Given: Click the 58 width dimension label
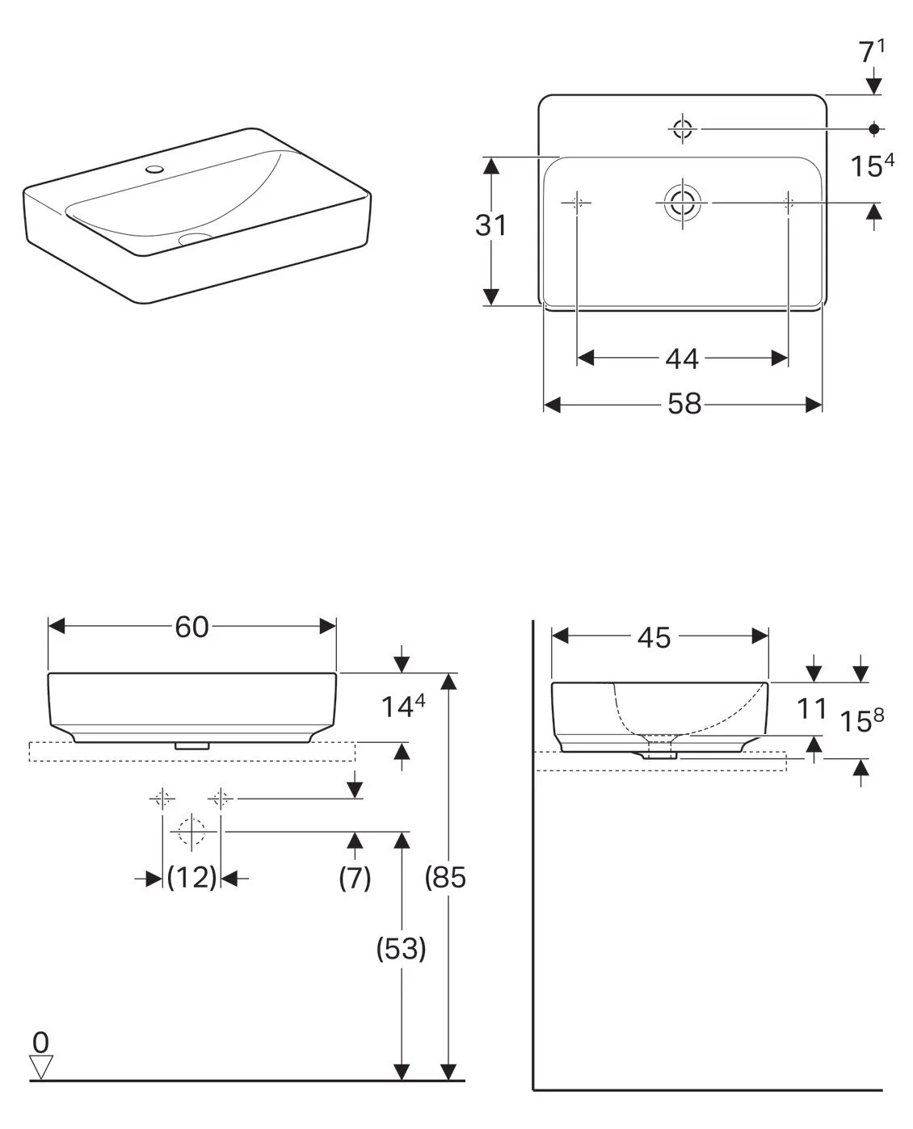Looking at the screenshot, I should click(x=684, y=404).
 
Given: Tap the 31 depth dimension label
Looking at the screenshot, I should click(x=490, y=225).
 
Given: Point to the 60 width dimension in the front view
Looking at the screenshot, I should click(x=192, y=626).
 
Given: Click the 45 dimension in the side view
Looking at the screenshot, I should click(x=654, y=637).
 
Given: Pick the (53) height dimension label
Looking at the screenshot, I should click(x=401, y=949).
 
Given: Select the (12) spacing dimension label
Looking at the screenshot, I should click(x=192, y=877).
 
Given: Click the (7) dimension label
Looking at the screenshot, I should click(x=355, y=877).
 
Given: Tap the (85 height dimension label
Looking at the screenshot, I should click(x=446, y=877).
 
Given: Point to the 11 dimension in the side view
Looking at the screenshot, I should click(x=811, y=709).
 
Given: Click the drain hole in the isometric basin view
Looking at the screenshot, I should click(x=193, y=238).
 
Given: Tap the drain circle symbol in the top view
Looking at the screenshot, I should click(x=682, y=201).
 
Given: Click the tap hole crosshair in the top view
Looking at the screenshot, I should click(x=683, y=128).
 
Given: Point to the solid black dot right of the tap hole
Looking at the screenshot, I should click(x=873, y=128).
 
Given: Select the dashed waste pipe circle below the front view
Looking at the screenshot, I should click(x=191, y=831).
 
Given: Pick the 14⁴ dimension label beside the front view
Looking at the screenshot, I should click(x=402, y=707).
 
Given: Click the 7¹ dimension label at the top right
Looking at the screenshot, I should click(x=871, y=52).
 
